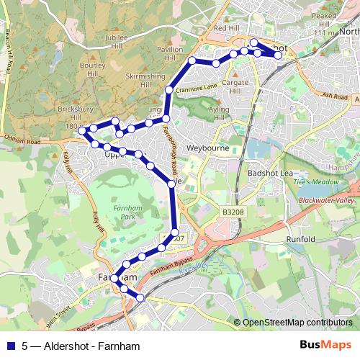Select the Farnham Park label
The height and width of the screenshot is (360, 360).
(x=125, y=212)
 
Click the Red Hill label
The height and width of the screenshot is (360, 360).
(x=226, y=29)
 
